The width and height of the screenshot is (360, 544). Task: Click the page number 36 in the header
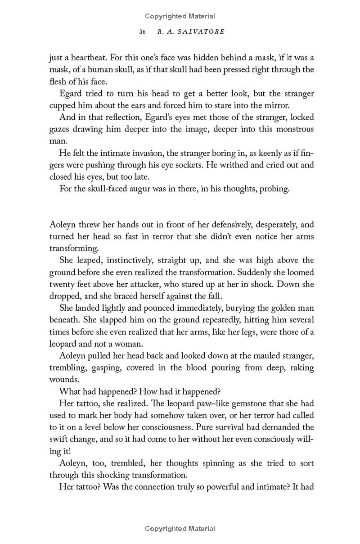pos(143,32)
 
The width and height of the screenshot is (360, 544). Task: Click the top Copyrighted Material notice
pos(180,16)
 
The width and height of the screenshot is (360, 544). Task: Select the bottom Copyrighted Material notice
pos(180,529)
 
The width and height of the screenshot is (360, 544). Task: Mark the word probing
pos(274,188)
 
